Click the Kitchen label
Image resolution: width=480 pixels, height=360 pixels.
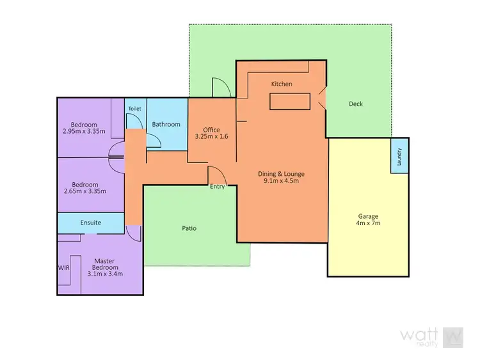click(x=282, y=84)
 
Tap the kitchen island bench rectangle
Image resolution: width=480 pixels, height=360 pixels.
click(x=290, y=102)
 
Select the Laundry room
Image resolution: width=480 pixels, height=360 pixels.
click(x=399, y=155)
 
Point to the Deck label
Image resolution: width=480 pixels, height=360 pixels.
click(x=355, y=104)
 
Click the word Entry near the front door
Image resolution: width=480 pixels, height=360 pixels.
click(x=218, y=187)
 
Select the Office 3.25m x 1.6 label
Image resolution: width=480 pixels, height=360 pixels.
click(x=211, y=134)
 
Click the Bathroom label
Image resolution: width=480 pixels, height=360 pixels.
click(x=166, y=124)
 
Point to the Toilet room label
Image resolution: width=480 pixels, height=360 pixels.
click(x=134, y=109)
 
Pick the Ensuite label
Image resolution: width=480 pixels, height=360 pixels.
click(x=90, y=223)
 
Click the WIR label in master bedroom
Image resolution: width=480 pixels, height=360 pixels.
click(x=64, y=267)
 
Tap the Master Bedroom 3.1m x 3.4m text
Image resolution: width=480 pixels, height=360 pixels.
click(x=104, y=267)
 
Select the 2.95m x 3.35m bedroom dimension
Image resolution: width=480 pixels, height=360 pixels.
click(x=84, y=131)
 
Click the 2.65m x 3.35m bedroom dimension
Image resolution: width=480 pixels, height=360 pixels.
click(x=84, y=191)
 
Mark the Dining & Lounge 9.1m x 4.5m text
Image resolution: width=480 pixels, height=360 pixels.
click(x=281, y=177)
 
